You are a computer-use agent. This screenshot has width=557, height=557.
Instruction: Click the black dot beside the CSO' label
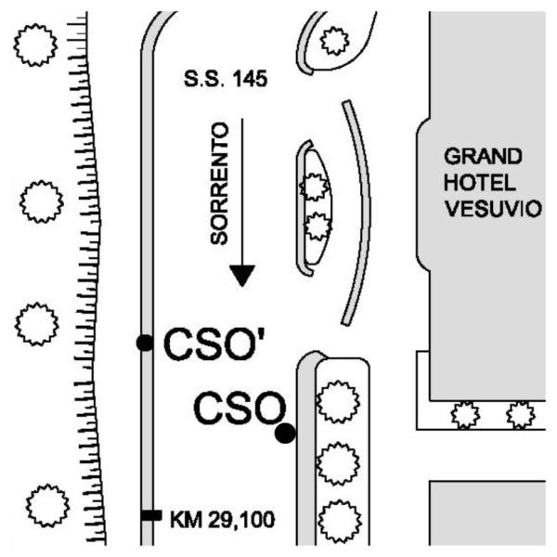pos(145,343)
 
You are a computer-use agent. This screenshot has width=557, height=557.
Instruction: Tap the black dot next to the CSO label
pos(285,433)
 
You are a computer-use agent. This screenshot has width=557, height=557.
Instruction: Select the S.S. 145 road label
pos(226,79)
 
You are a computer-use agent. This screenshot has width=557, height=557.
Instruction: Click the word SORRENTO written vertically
pos(219,183)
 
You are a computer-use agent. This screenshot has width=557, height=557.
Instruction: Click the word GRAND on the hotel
pos(483,156)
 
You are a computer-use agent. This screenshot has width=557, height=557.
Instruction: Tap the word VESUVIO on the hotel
pos(494,209)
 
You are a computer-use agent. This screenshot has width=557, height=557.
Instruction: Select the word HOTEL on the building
pos(480,183)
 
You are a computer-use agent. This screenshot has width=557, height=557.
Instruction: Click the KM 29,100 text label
pos(223,520)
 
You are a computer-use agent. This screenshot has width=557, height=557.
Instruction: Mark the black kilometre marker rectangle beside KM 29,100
pos(151,515)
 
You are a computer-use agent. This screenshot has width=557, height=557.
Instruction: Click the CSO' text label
pos(214,344)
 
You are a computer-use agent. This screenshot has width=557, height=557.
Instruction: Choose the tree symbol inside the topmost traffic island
pos(334,41)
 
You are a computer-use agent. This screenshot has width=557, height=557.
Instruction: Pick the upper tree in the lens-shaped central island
pos(315,187)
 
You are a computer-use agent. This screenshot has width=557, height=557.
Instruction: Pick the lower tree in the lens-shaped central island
pos(317,227)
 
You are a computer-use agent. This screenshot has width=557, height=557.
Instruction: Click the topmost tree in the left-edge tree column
pos(35,45)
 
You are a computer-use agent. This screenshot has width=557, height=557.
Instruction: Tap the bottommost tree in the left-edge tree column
pos(47,505)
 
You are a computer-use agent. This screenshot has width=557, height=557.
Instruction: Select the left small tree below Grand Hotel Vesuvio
pos(465,415)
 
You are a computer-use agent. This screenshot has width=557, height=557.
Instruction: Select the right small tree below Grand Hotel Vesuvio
pos(521,415)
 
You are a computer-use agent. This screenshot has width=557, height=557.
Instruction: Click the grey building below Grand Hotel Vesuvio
pos(487,513)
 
